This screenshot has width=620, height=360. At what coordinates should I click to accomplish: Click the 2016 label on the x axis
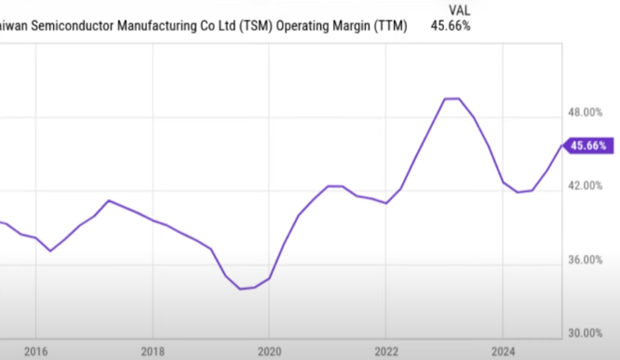34,352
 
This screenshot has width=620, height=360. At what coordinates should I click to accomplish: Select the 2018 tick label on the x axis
152,352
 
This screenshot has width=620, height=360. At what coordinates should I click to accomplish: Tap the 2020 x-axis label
268,352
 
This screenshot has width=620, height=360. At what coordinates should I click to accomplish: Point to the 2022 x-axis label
385,352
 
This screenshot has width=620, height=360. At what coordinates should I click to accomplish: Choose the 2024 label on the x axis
502,352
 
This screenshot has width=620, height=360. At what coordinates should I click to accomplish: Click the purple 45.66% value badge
589,145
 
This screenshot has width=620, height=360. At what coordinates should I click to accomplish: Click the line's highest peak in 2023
452,98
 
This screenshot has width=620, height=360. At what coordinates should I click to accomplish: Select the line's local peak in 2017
109,200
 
